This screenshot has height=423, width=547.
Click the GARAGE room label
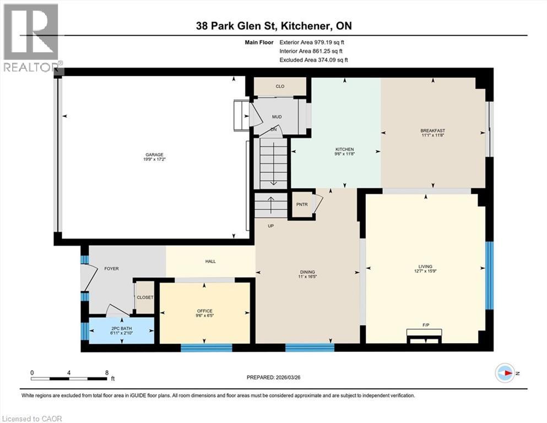tap(155, 154)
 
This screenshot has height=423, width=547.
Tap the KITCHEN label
tap(345, 149)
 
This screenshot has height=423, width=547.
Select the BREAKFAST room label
tap(432, 131)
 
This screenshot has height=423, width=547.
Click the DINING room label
tap(307, 272)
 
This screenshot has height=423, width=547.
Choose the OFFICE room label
tap(204, 311)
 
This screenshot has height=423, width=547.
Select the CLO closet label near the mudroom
tap(280, 86)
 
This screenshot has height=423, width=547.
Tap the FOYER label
tap(111, 269)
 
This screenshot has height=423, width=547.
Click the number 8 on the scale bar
tap(106, 372)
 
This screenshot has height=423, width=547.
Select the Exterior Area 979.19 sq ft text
tap(313, 42)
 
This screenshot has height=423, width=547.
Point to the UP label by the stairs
tap(270, 226)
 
